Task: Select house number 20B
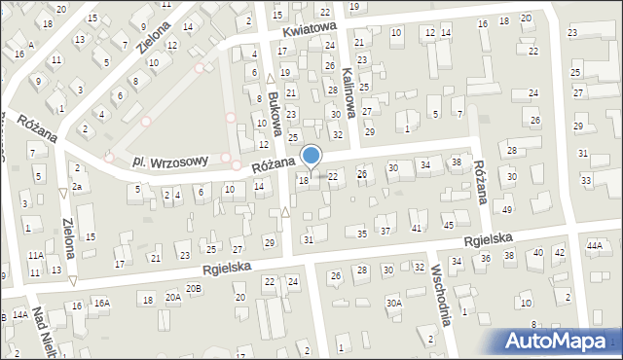(x=194, y=288)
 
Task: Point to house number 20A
(x=172, y=298)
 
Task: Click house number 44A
(x=595, y=246)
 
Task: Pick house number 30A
(x=393, y=303)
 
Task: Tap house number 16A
(x=102, y=303)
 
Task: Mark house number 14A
(x=19, y=315)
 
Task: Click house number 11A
(x=35, y=255)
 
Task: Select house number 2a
(x=75, y=185)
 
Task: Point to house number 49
(x=507, y=210)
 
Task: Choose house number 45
(x=449, y=226)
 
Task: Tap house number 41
(x=417, y=228)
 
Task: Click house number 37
(x=385, y=231)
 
